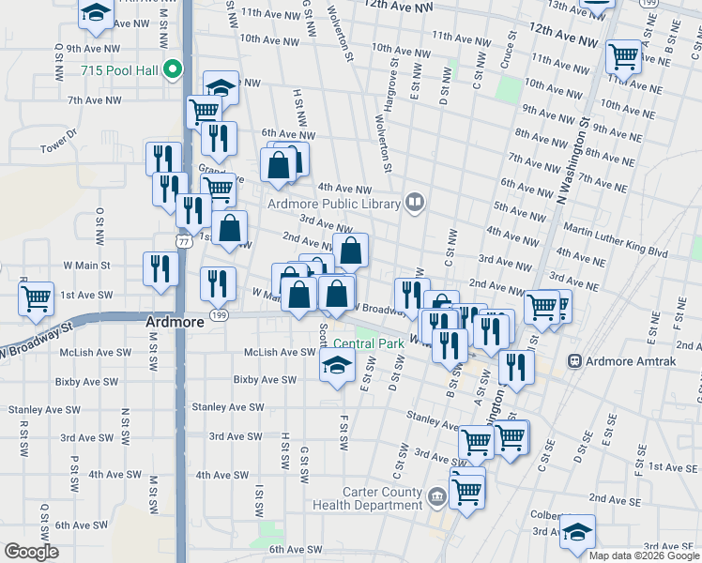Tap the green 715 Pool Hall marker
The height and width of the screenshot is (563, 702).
pos(172,69)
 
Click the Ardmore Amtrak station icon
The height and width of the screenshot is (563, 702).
pos(573,361)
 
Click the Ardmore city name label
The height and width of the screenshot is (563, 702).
pos(175,322)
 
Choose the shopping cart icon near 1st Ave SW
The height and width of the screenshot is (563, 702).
pos(36,299)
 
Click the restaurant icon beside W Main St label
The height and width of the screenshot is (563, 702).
pos(160,268)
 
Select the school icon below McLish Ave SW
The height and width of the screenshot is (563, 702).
pos(335,368)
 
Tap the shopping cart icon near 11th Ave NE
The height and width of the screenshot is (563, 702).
pos(623,56)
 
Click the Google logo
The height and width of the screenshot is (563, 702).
pos(31,552)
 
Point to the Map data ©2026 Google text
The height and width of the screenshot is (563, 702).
pos(644,555)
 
